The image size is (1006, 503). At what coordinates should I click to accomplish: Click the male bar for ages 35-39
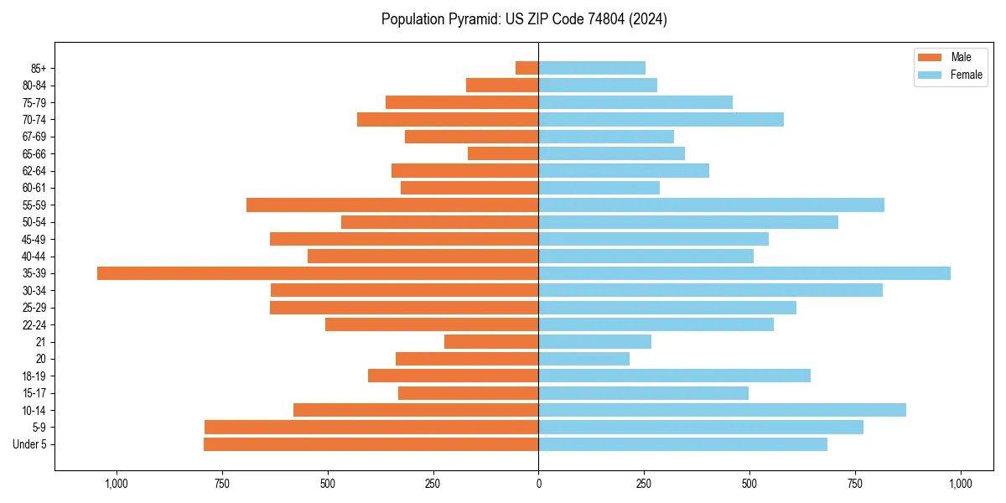click(318, 273)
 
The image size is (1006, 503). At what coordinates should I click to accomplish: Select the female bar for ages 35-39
click(744, 273)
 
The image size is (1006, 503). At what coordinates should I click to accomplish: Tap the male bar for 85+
click(526, 68)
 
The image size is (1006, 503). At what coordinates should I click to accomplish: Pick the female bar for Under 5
click(682, 444)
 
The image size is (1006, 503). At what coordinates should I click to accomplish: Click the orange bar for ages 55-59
click(392, 205)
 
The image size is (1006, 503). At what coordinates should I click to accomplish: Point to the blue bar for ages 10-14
click(722, 410)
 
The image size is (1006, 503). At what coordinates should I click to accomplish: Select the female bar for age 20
click(583, 359)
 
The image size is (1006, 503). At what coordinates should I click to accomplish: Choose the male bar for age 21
click(491, 342)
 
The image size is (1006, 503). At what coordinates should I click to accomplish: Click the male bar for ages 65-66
click(503, 153)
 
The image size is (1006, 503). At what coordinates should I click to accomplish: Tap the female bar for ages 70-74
click(661, 120)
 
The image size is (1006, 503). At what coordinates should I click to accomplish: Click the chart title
click(524, 19)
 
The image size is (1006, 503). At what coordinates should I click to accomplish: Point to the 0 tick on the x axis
click(538, 484)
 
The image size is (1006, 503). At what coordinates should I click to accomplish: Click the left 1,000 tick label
click(116, 484)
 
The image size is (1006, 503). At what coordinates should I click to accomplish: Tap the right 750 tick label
click(855, 484)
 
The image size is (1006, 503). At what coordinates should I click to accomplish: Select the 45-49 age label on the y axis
click(34, 240)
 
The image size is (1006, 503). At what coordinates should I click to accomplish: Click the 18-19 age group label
click(34, 376)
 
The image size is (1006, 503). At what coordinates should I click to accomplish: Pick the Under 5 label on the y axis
click(29, 444)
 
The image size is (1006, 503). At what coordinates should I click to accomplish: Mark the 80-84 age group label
click(34, 86)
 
